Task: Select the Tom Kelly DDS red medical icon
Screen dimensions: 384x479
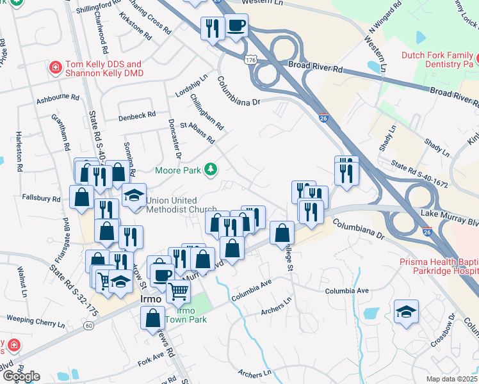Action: pyautogui.click(x=56, y=67)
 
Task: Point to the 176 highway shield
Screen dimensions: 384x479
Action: pyautogui.click(x=249, y=60)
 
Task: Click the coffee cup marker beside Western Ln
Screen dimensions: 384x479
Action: pyautogui.click(x=236, y=26)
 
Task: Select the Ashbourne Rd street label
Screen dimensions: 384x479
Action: pyautogui.click(x=57, y=100)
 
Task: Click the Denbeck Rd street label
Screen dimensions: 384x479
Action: pyautogui.click(x=136, y=115)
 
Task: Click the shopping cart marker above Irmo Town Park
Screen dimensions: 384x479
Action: pyautogui.click(x=179, y=291)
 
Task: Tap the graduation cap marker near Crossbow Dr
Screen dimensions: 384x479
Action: pyautogui.click(x=406, y=312)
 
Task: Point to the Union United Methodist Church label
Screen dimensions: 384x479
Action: pyautogui.click(x=181, y=204)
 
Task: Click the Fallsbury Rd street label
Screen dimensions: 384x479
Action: pyautogui.click(x=40, y=198)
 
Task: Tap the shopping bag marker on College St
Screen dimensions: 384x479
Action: pyautogui.click(x=282, y=233)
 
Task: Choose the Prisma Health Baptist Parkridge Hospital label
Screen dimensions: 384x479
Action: pyautogui.click(x=439, y=266)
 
